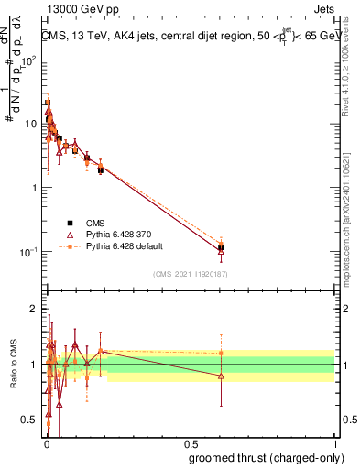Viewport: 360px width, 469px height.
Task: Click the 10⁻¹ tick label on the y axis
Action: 31,252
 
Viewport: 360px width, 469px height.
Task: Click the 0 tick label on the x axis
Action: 47,444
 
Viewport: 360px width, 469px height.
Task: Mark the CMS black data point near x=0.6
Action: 221,247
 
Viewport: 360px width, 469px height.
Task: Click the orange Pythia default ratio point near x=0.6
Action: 221,353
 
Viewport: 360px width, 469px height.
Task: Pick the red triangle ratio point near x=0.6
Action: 221,376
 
